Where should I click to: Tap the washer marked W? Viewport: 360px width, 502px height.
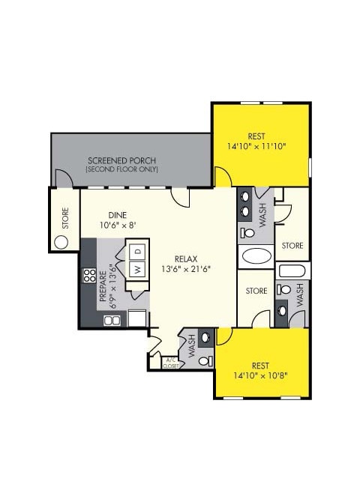point(137,268)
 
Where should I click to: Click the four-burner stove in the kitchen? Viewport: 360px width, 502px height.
point(88,275)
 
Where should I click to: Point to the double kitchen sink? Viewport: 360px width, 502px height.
point(112,320)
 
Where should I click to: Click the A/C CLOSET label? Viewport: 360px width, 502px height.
point(173,363)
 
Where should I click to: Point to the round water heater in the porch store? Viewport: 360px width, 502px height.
point(61,241)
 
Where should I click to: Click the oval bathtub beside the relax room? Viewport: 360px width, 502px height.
point(259,257)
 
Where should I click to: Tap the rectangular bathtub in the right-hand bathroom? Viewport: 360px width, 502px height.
point(291,270)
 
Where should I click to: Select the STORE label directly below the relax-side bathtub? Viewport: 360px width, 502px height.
point(257,291)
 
